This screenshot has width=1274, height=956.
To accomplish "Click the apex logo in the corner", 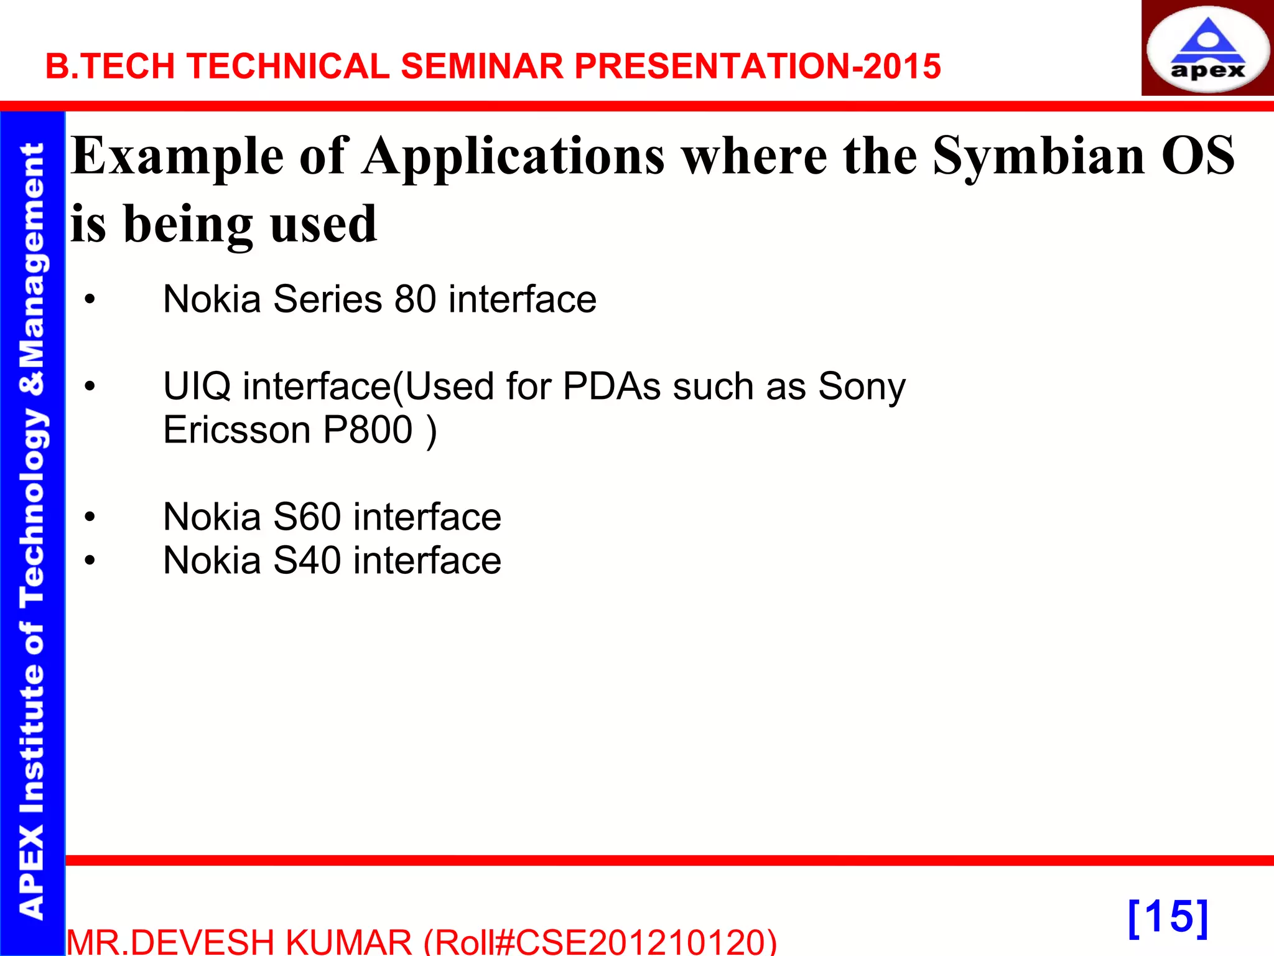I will [x=1207, y=49].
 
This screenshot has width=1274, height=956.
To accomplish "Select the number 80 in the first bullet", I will [x=415, y=299].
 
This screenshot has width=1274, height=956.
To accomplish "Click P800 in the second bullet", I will [x=368, y=430].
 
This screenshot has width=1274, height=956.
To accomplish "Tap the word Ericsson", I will [x=237, y=430].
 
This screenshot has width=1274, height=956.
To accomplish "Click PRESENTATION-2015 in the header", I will [x=757, y=66].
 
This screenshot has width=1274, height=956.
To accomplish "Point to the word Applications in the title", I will [x=514, y=157].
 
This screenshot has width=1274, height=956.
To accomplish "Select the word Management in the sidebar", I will [x=32, y=255].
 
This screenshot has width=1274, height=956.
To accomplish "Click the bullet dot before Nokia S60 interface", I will [x=90, y=517].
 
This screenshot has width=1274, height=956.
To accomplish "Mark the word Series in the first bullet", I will [x=327, y=299].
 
